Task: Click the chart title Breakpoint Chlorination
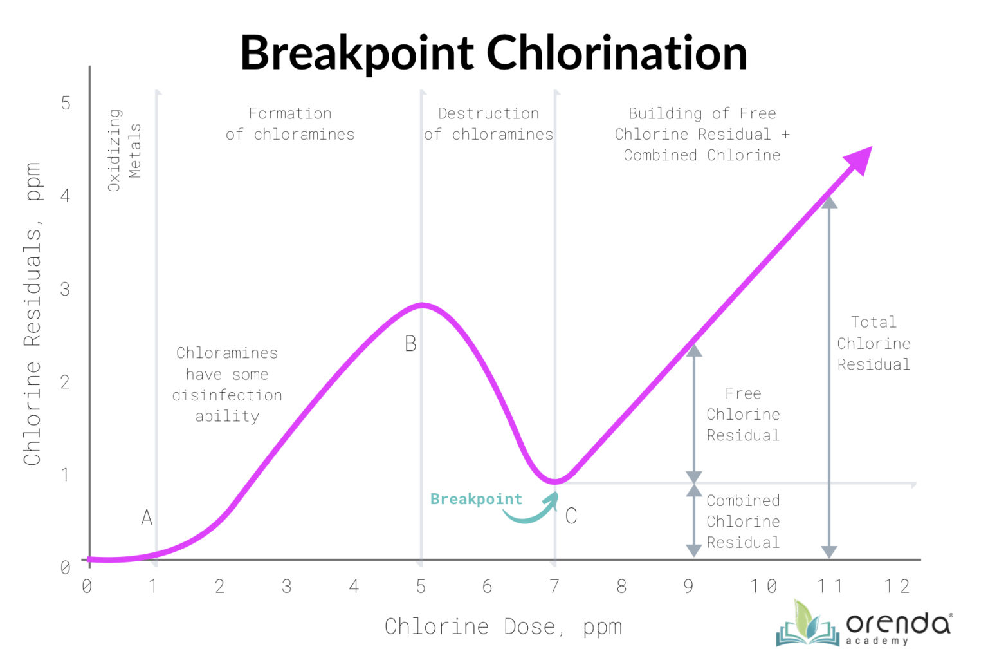[x=493, y=52]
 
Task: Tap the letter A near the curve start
[x=147, y=517]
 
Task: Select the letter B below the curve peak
[x=410, y=344]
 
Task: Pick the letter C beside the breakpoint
[x=571, y=516]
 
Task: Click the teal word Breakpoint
[x=476, y=499]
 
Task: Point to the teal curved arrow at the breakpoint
[x=533, y=511]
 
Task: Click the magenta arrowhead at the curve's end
[x=859, y=160]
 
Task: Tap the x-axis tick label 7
[x=554, y=586]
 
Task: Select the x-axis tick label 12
[x=897, y=586]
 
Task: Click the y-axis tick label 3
[x=65, y=289]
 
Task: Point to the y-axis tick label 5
[x=66, y=103]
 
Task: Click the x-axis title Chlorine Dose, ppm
[x=503, y=626]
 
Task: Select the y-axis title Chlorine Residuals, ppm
[x=32, y=314]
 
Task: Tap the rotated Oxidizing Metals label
[x=124, y=150]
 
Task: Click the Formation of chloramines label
[x=290, y=124]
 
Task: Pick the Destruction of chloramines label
[x=488, y=124]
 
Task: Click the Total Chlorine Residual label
[x=874, y=343]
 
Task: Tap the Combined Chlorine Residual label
[x=743, y=522]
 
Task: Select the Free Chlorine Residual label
[x=743, y=414]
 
